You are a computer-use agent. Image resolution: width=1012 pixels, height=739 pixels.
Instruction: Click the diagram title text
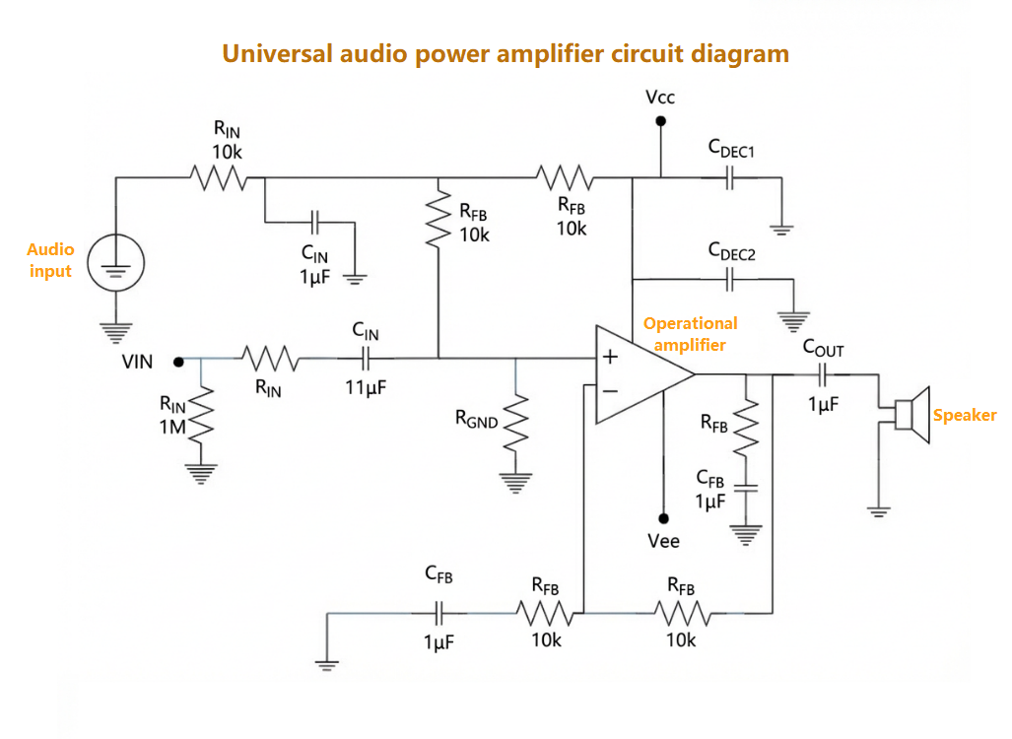506,53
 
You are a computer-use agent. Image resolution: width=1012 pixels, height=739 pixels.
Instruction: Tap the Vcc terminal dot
660,121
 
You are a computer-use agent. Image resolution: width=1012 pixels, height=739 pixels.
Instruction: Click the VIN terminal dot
178,362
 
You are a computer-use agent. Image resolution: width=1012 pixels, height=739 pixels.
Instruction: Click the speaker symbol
911,415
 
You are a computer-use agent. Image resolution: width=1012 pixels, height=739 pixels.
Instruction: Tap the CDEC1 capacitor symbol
730,178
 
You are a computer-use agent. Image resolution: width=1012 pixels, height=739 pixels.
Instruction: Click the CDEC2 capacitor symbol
730,280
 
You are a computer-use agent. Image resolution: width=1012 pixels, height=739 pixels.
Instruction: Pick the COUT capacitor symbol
823,374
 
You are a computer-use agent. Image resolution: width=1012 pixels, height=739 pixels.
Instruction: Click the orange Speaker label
964,416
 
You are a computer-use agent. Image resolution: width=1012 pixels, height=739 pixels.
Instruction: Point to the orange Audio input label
50,260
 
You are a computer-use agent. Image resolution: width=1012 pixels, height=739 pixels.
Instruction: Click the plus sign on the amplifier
610,357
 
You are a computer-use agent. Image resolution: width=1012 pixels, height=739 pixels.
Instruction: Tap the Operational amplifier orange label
690,334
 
